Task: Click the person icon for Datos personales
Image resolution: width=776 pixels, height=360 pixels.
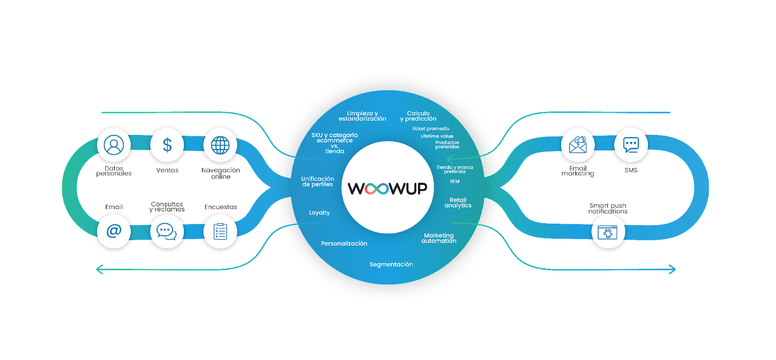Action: click(x=114, y=145)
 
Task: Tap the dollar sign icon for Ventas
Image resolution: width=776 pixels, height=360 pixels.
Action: click(x=167, y=145)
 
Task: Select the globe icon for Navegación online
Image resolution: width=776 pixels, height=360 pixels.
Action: click(x=220, y=145)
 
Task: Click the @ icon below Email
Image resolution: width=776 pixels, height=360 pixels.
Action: click(x=114, y=231)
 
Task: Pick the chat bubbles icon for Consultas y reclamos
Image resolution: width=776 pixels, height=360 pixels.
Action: click(x=167, y=231)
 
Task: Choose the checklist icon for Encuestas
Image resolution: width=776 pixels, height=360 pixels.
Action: click(x=220, y=231)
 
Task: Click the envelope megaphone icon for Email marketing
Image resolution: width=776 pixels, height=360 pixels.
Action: click(x=578, y=145)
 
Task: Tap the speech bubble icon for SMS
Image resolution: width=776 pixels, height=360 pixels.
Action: click(x=631, y=145)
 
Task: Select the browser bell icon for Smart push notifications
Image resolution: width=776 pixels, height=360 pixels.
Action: click(x=608, y=231)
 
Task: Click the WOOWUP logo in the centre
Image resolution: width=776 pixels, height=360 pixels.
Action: click(x=388, y=188)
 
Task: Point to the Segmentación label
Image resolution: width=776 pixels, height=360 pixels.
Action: click(x=391, y=264)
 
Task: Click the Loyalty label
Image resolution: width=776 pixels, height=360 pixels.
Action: click(x=320, y=213)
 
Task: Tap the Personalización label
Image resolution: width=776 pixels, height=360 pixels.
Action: click(x=344, y=244)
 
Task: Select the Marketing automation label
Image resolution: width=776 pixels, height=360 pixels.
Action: click(x=439, y=238)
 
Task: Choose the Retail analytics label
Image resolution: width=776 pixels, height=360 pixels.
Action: click(x=458, y=203)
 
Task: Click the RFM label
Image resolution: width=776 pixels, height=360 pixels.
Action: click(x=455, y=181)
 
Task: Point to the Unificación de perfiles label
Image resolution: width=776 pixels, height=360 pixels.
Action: click(x=318, y=181)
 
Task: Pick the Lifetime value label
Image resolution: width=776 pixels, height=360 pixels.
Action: click(x=437, y=136)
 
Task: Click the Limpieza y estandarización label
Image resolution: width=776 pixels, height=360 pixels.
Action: click(x=362, y=116)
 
